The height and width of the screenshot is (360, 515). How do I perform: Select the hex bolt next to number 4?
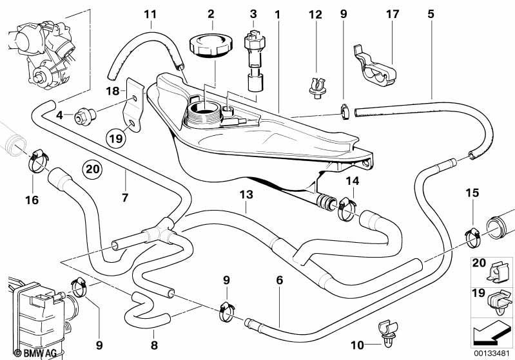coord(84,117)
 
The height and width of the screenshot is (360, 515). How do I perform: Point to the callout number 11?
coord(150,14)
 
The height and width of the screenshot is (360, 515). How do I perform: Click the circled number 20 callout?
coord(92,169)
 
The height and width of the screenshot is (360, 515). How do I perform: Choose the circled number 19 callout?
coord(116,138)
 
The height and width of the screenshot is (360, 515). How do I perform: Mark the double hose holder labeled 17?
coord(374,67)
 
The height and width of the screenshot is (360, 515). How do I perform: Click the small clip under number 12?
coord(317,88)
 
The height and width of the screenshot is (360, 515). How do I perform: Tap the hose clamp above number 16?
coord(39,161)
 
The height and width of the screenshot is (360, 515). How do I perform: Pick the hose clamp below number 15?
coord(473,237)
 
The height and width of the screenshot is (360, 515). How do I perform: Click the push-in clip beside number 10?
coord(388,333)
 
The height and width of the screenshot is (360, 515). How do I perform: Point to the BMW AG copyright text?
coord(35,353)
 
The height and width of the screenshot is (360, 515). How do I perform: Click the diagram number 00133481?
coord(491,354)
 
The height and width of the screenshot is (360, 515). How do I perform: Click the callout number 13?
coord(246,194)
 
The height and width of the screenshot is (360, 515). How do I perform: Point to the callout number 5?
coord(431,14)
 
